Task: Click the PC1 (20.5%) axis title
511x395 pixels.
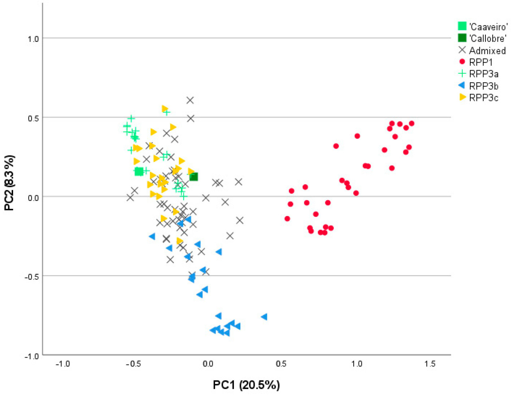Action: (246, 385)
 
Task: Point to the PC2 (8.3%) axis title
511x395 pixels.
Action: (9, 183)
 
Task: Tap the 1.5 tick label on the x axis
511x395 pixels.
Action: (430, 364)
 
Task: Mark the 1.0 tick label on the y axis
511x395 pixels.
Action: (34, 39)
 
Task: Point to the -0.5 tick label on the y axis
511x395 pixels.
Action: (32, 276)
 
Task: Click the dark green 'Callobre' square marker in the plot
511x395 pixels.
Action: (194, 177)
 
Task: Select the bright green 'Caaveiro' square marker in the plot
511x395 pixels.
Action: (139, 171)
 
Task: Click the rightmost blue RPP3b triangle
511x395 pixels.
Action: (264, 317)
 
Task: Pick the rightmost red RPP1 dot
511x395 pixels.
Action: (412, 124)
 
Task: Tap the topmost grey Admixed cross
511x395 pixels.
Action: (190, 100)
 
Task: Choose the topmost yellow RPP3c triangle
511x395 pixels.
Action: (164, 109)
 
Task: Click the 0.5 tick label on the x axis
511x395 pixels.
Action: (281, 364)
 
